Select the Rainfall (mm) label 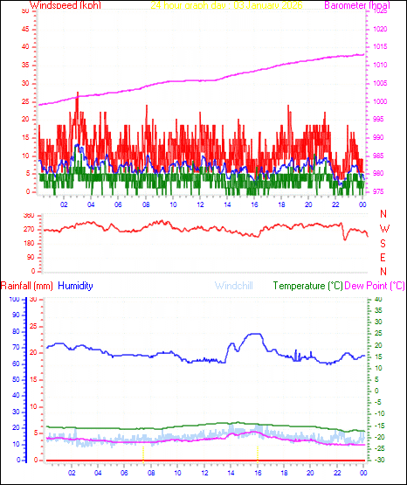(26, 286)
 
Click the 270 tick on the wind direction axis (28, 229)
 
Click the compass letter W (383, 231)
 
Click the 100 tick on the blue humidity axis (15, 299)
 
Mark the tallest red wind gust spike (78, 93)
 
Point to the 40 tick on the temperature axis (377, 299)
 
